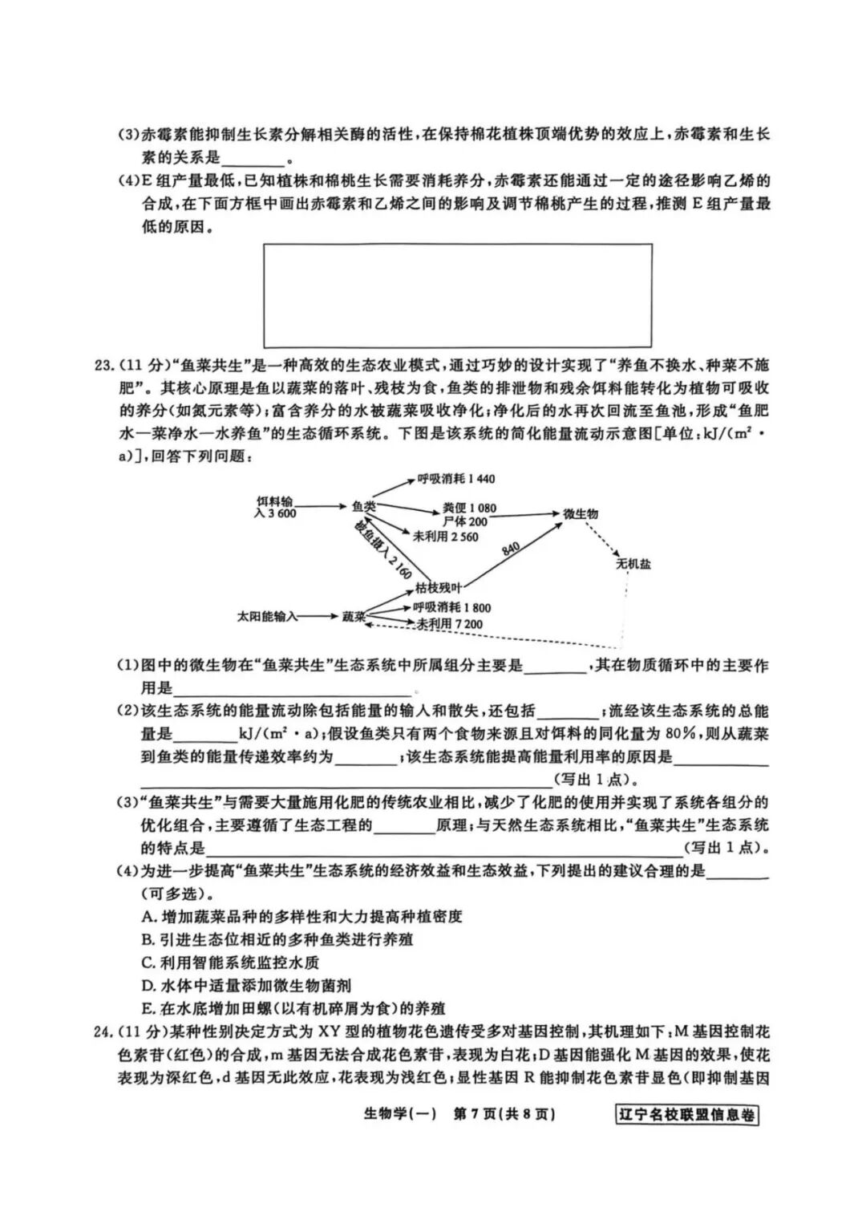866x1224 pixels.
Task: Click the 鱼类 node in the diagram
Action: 363,507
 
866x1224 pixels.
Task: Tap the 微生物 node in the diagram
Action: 581,514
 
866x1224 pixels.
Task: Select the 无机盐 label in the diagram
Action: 633,564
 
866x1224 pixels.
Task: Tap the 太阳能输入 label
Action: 268,617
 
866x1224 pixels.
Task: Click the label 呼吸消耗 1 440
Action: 455,479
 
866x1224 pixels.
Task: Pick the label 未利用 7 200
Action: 449,624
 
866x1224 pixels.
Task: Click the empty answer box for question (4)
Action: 457,295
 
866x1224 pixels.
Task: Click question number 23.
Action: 104,366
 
